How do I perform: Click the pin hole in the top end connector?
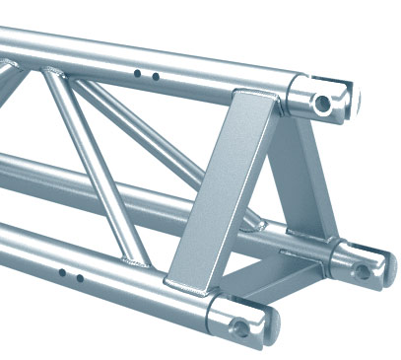pyautogui.click(x=322, y=103)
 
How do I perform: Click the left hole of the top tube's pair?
pyautogui.click(x=138, y=72)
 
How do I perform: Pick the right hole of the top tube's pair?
pyautogui.click(x=155, y=75)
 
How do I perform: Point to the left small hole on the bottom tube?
pyautogui.click(x=61, y=272)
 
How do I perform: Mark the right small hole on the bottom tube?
pyautogui.click(x=81, y=278)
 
